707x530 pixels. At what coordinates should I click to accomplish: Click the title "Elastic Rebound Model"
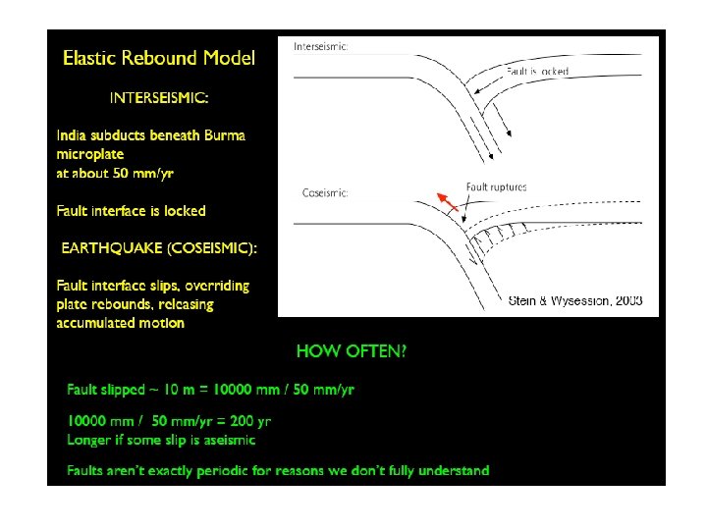coord(159,58)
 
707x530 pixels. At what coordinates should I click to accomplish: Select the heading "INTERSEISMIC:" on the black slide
coord(159,97)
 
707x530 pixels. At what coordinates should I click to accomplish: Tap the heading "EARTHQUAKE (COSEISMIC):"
coord(159,248)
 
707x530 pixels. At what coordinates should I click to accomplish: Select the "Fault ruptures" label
coord(496,186)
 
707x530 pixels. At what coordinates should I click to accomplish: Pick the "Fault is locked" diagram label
coord(538,72)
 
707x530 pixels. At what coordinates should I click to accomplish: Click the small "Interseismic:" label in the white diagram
coord(320,45)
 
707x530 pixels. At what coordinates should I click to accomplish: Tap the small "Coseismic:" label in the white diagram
coord(325,193)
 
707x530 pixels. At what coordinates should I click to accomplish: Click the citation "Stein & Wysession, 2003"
coord(575,300)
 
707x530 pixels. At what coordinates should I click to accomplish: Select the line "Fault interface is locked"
coord(132,211)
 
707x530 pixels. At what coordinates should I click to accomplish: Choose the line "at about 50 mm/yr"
coord(115,173)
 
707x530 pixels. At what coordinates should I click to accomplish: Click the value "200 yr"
coord(249,421)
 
